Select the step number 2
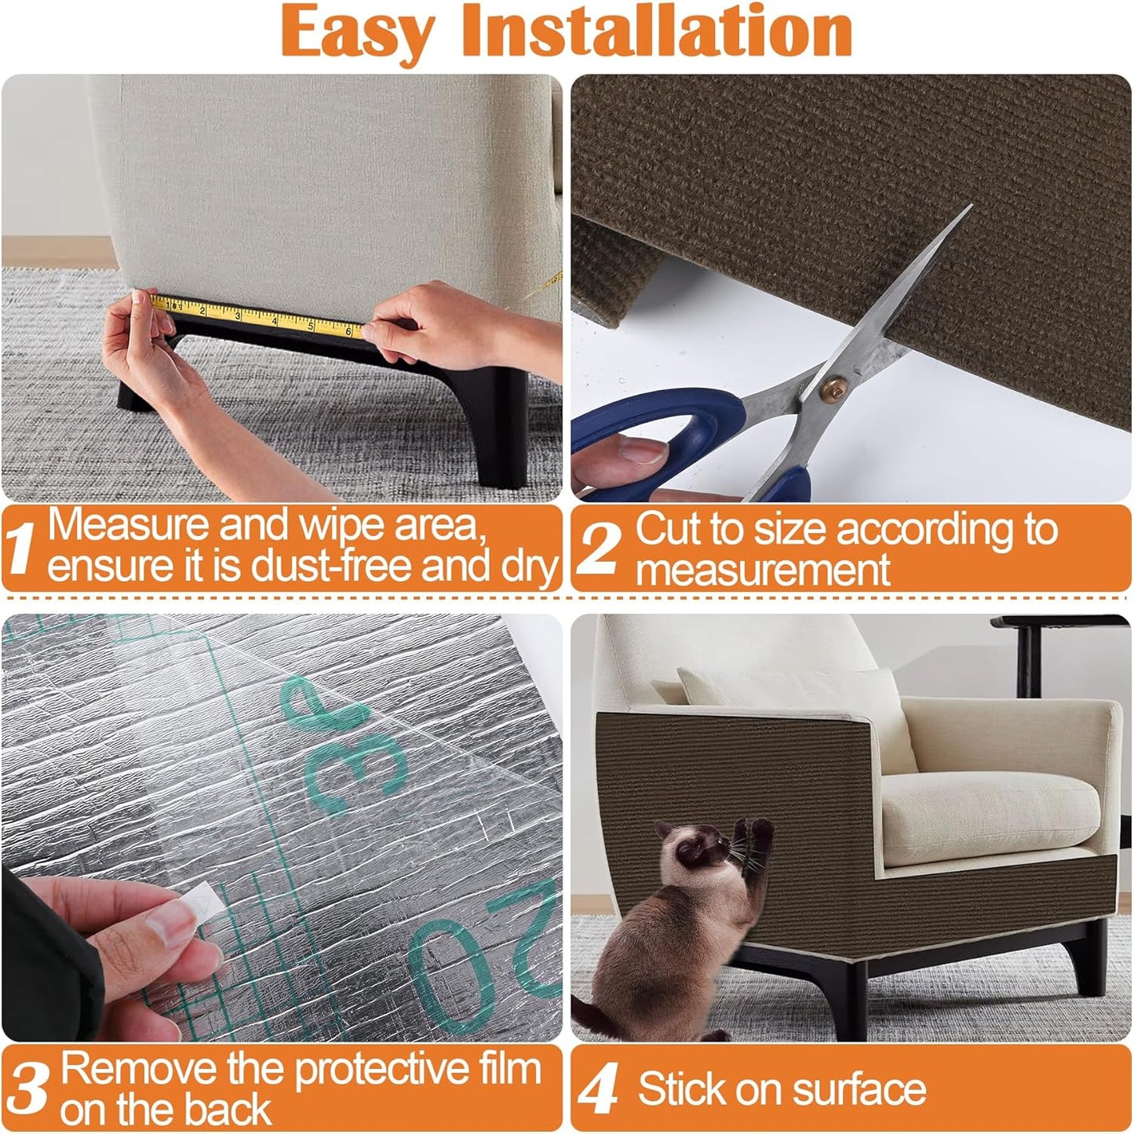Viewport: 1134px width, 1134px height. [x=600, y=549]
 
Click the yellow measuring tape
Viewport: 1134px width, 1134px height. [x=259, y=315]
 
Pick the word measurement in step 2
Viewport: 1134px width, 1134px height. [x=762, y=569]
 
